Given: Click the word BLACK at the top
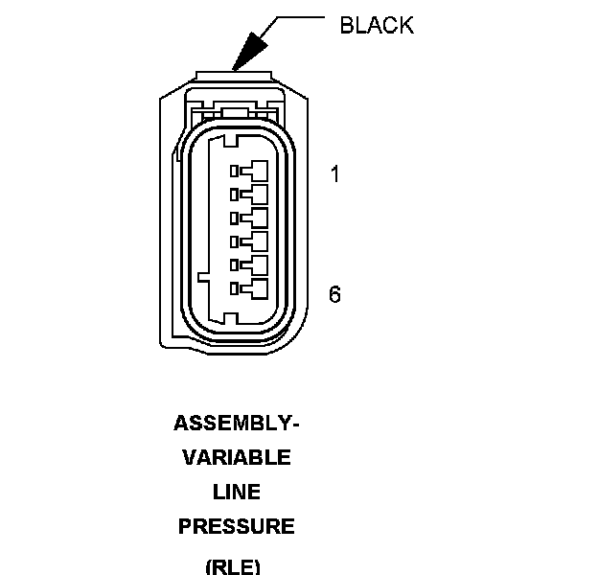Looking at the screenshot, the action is (377, 26).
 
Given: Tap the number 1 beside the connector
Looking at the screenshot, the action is (334, 174).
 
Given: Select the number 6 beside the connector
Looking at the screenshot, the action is (334, 294).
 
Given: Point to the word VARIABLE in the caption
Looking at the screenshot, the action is (237, 457).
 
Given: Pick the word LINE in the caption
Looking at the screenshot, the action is (237, 492).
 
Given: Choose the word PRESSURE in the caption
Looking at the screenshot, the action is (237, 526).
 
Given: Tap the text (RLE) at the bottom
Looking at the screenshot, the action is (233, 565).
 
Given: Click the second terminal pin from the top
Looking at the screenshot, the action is (252, 195).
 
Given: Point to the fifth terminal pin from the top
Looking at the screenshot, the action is (252, 264).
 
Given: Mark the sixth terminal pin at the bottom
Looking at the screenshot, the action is (252, 287).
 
